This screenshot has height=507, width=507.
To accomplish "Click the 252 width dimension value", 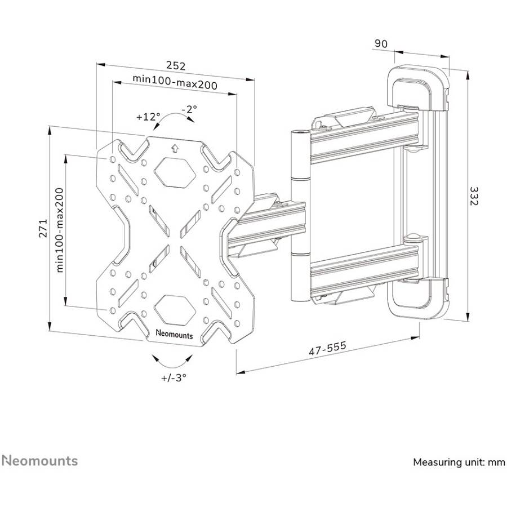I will pyautogui.click(x=175, y=66).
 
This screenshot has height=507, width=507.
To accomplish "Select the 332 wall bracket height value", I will pyautogui.click(x=475, y=197).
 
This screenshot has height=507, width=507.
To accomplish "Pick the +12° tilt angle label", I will pyautogui.click(x=148, y=117).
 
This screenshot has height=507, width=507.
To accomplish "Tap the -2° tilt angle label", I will pyautogui.click(x=189, y=109).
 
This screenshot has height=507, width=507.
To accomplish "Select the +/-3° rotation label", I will pyautogui.click(x=172, y=377).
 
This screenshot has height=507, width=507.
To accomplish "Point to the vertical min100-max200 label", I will pyautogui.click(x=60, y=230).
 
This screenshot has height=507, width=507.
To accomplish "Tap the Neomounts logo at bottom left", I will pyautogui.click(x=39, y=461).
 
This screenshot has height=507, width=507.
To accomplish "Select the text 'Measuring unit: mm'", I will pyautogui.click(x=459, y=462).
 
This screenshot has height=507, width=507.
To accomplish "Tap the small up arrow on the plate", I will pyautogui.click(x=174, y=148).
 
